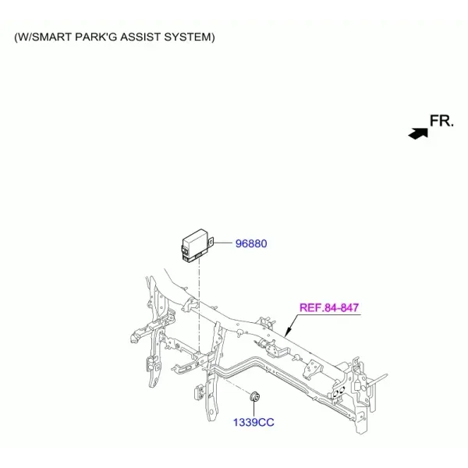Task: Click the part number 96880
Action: pos(251,243)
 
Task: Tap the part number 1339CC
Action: pos(253,422)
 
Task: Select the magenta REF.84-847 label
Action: pos(329,307)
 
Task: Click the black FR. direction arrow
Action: pos(418,133)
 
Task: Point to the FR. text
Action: pos(441,121)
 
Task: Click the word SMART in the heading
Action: pos(51,37)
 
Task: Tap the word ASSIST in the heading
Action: pos(140,37)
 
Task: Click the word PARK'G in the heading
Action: pos(96,37)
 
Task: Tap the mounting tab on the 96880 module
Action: pos(211,242)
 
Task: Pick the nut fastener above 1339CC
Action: pos(254,396)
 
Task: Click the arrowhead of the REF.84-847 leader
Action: pos(287,332)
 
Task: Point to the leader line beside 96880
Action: pos(222,243)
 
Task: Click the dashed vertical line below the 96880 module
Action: pos(198,307)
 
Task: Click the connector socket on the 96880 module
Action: pos(185,251)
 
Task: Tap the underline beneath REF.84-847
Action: pos(329,314)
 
